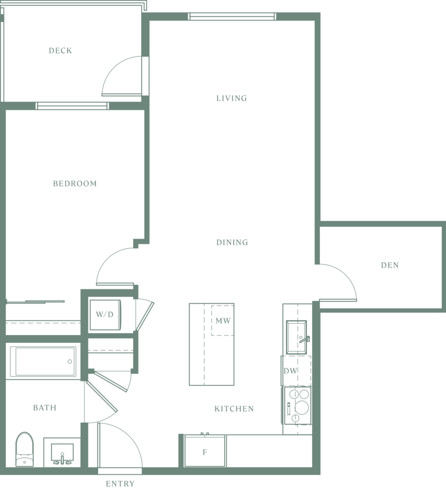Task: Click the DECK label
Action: point(60,51)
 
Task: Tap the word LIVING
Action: point(231,98)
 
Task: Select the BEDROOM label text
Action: point(75,183)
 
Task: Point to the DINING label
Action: point(232,242)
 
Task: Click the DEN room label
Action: point(390,265)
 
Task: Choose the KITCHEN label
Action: point(234,408)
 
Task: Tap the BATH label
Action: point(45,408)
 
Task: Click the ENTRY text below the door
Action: point(120,483)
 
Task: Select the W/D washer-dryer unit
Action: point(105,315)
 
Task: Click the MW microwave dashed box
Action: point(223,321)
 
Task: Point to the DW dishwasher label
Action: point(290,371)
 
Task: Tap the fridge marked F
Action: point(205,451)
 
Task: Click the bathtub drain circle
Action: point(69,362)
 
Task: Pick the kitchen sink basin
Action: point(296,337)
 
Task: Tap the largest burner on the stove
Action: point(302,407)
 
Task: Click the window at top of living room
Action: point(232,17)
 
